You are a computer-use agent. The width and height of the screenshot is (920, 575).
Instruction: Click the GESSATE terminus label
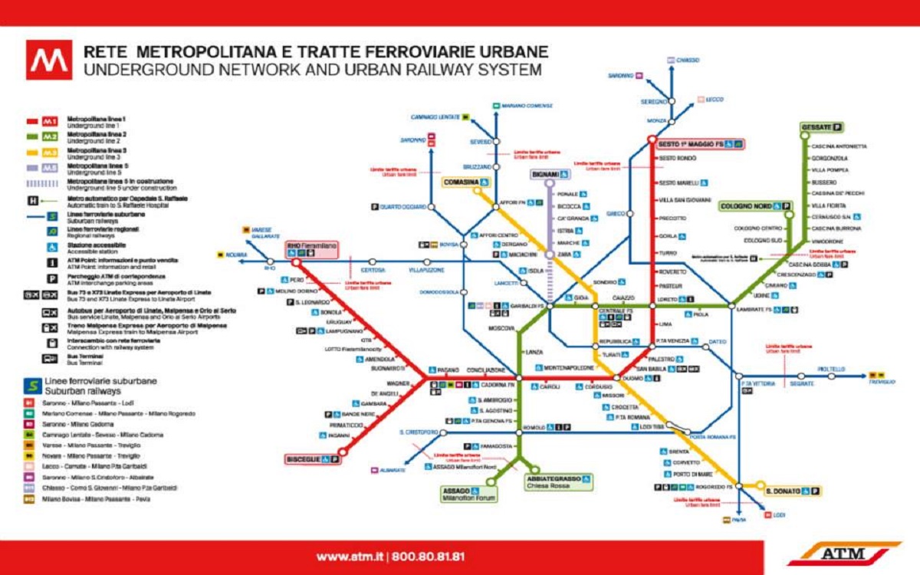click(x=816, y=127)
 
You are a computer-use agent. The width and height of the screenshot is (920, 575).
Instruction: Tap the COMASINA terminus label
click(x=461, y=182)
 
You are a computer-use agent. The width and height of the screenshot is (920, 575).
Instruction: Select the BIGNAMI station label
click(x=545, y=175)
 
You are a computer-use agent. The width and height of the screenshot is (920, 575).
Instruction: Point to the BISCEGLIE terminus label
click(x=304, y=458)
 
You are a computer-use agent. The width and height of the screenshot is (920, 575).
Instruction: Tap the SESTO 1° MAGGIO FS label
click(x=693, y=144)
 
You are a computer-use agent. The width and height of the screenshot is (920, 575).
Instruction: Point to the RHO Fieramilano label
click(x=311, y=246)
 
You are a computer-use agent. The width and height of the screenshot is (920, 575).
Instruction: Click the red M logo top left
click(x=49, y=61)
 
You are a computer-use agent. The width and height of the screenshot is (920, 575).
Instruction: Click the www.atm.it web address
click(x=350, y=556)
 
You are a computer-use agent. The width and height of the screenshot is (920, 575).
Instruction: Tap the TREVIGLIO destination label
click(x=882, y=381)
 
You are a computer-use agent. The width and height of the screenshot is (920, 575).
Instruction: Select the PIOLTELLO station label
click(x=830, y=369)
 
